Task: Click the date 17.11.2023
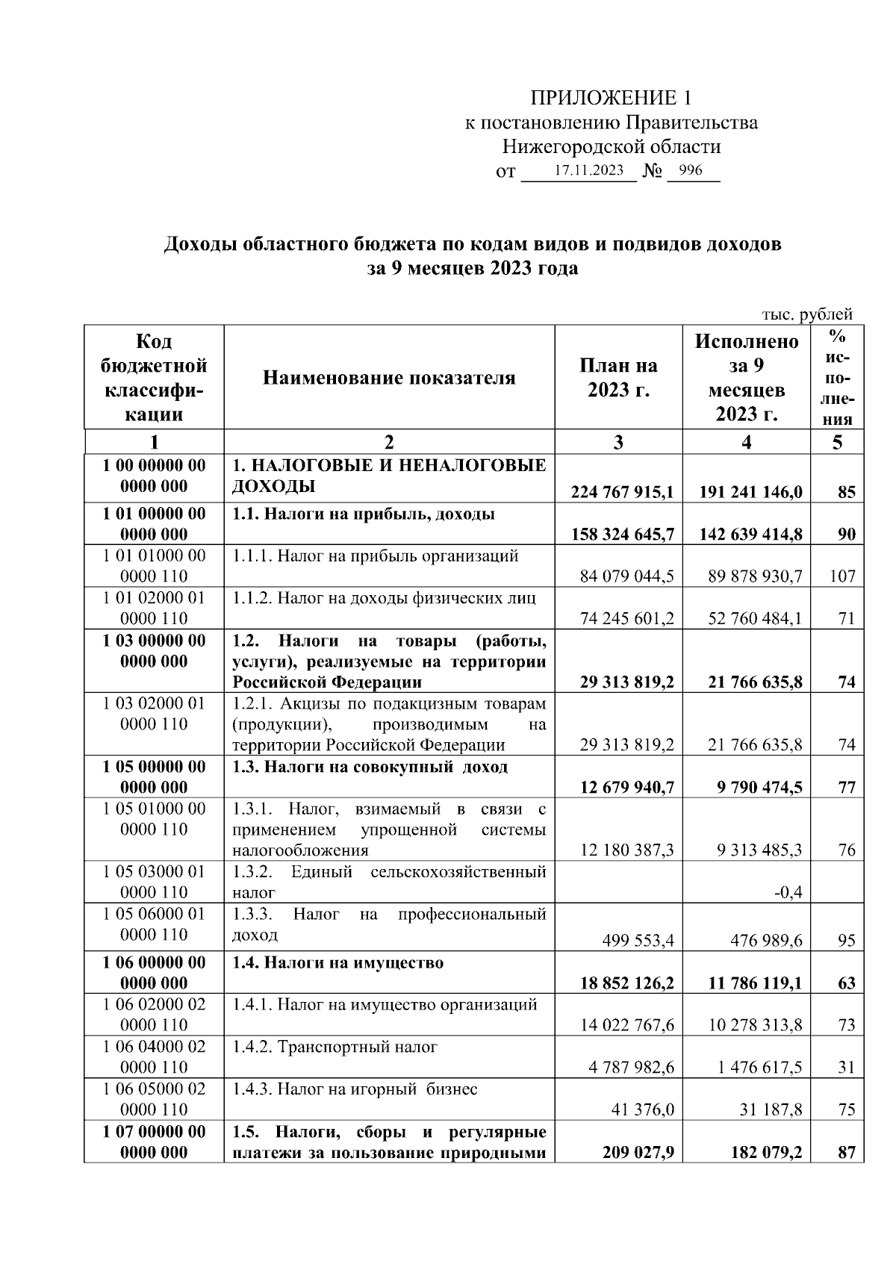(x=588, y=171)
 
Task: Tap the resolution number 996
(x=691, y=171)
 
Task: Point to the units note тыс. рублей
(x=806, y=314)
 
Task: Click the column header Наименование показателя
(x=389, y=378)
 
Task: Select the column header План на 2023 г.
(x=618, y=378)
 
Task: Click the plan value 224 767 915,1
(x=623, y=492)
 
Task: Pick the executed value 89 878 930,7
(x=755, y=576)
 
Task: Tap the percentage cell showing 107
(x=842, y=576)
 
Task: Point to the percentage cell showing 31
(x=845, y=1068)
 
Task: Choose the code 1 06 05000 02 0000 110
(x=154, y=1099)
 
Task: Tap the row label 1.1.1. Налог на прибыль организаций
(x=375, y=555)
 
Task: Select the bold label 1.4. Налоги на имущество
(x=337, y=962)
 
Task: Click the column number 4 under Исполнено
(x=746, y=442)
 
